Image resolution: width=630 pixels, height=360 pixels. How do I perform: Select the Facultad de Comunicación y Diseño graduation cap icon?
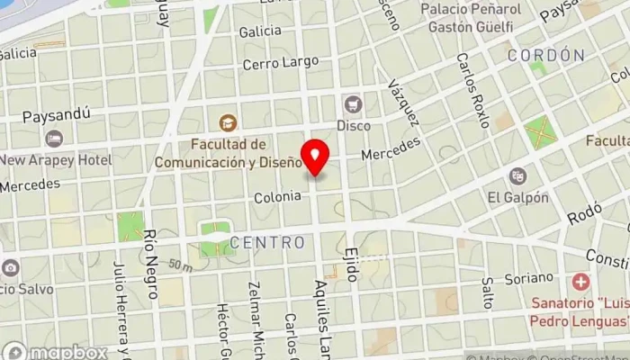point(226,122)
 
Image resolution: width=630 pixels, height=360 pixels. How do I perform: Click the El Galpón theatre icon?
point(517,175)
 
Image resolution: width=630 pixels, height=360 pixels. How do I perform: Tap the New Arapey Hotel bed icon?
point(55,139)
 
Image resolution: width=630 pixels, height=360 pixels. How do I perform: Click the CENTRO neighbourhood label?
point(266,242)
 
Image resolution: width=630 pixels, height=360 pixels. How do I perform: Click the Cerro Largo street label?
point(281,62)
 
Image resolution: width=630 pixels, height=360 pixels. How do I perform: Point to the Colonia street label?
point(276,196)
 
